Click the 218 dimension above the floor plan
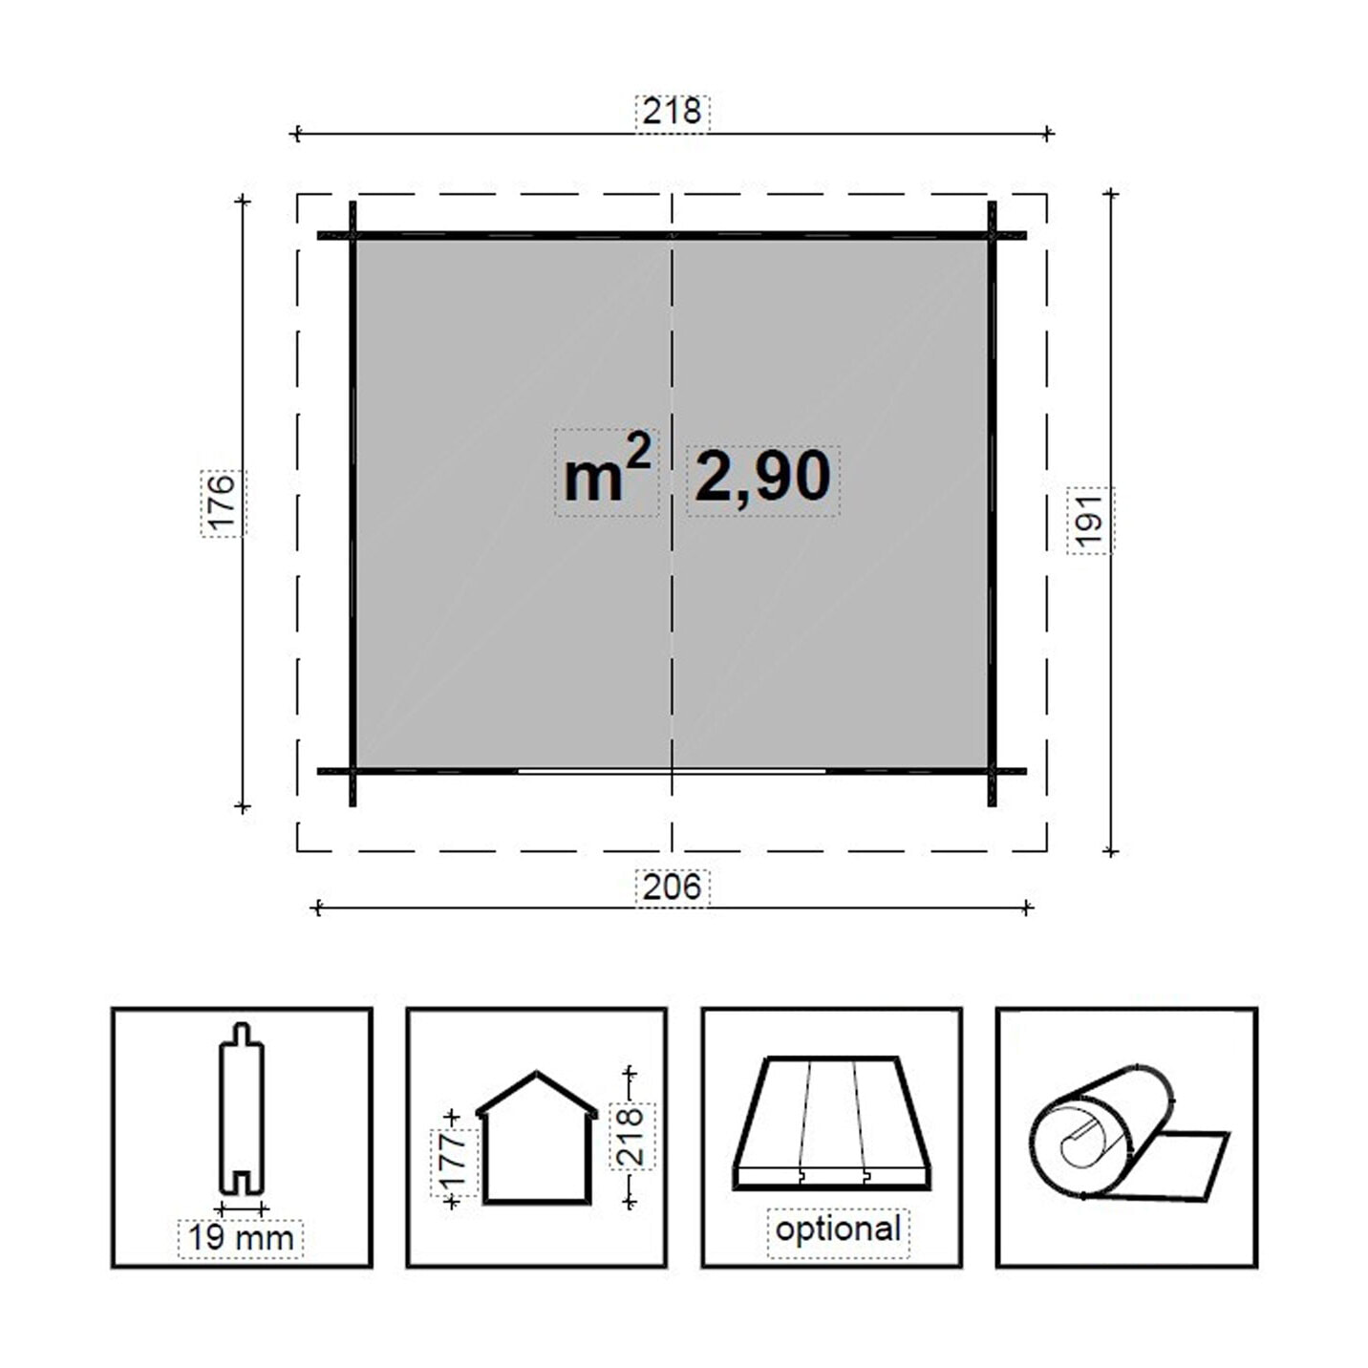(x=672, y=112)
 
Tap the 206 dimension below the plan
(x=672, y=887)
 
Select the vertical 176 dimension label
(x=223, y=502)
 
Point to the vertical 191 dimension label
(x=1090, y=521)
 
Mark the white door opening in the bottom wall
(x=672, y=770)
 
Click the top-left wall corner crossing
(x=353, y=236)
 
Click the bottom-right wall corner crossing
(x=992, y=771)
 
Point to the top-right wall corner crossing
(x=992, y=236)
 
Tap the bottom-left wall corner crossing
(x=353, y=771)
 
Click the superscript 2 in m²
(x=639, y=450)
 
